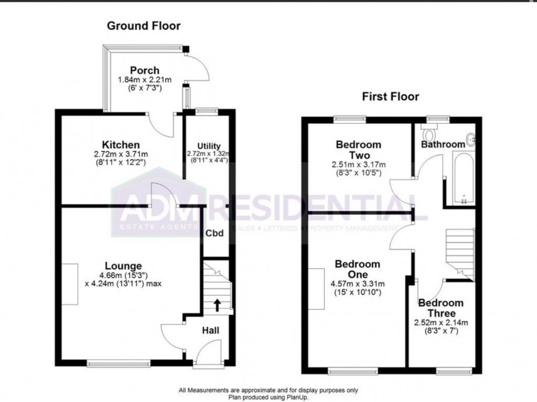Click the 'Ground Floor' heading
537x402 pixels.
143,26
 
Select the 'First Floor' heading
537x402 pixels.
390,96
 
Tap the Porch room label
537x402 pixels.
144,70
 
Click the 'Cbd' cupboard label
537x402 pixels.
215,233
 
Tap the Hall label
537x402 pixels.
210,330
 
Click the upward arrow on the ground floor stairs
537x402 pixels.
217,306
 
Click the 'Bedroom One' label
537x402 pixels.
357,270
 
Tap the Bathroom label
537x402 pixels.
443,144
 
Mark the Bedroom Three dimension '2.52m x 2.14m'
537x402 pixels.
440,323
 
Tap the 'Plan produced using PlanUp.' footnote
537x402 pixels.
268,396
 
